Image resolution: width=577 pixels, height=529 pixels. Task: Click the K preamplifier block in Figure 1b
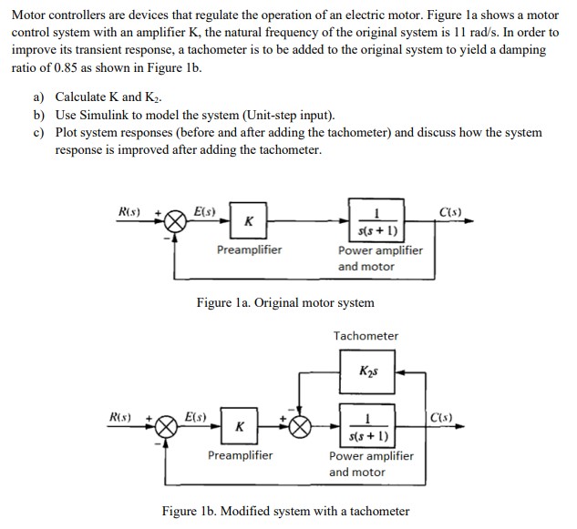coord(240,426)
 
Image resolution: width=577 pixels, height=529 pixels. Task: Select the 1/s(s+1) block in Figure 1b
coord(367,425)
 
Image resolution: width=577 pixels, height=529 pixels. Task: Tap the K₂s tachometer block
coord(367,373)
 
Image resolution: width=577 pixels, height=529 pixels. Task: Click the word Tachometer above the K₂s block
coord(366,336)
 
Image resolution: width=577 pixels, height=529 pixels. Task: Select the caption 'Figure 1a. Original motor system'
coord(285,302)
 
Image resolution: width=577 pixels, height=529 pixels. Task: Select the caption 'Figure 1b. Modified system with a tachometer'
coord(285,511)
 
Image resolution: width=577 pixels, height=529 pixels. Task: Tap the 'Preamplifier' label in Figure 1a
coord(249,249)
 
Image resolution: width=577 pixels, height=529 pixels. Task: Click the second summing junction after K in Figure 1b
coord(301,426)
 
